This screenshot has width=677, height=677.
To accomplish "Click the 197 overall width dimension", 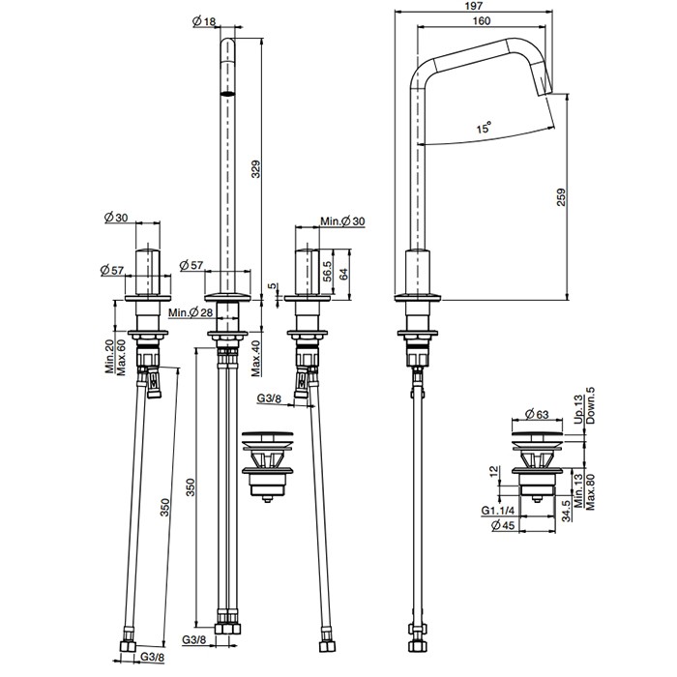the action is pos(474,6).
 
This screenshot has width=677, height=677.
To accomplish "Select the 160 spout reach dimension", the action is pos(482,20).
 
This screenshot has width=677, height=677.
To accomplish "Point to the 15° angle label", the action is pos(485,128).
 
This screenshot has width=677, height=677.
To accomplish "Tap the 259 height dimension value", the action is pos(560,197).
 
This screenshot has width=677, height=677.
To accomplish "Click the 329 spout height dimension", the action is pos(255,169).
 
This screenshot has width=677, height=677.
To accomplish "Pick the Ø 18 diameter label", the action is pos(204,21).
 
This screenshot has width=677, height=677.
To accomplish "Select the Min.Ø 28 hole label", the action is pos(191,312).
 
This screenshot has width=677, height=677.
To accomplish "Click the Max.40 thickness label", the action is pos(256,359).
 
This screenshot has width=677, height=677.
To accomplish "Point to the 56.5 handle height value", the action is pos(327,272).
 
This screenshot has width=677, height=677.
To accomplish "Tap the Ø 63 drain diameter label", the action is pos(537,414).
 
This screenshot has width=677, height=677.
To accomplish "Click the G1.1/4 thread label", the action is pos(498,511).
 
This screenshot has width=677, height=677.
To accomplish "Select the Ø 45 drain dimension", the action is pos(504,525).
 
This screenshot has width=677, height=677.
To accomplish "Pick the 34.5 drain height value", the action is pos(567,511).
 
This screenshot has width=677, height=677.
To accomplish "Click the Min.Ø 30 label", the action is pos(342,221).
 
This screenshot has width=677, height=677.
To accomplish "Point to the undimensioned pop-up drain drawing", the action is pos(268,466).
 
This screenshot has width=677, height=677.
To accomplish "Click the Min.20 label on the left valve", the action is pos(109,357).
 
